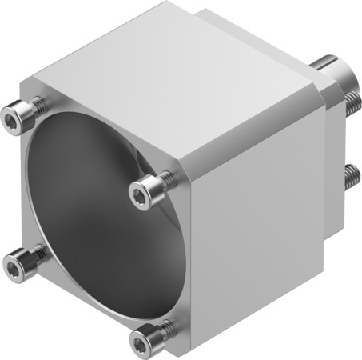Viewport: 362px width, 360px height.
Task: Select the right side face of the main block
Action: [256, 216]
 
